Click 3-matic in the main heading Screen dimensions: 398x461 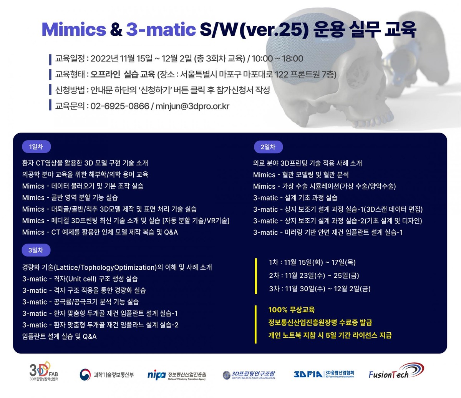pyautogui.click(x=161, y=29)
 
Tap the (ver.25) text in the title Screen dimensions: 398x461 pyautogui.click(x=274, y=30)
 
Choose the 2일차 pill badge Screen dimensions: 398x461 pyautogui.click(x=268, y=147)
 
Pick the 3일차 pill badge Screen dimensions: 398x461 pyautogui.click(x=36, y=250)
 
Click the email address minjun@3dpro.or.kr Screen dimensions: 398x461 pyautogui.click(x=192, y=106)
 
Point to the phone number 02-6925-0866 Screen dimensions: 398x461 pyautogui.click(x=119, y=106)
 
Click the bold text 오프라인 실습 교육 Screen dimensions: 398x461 pyautogui.click(x=123, y=75)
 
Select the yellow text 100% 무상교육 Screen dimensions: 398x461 pyautogui.click(x=291, y=310)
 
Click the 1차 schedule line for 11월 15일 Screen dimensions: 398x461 pyautogui.click(x=312, y=262)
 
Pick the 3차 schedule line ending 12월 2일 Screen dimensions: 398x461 pyautogui.click(x=320, y=289)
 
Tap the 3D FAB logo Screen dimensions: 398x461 pyautogui.click(x=43, y=371)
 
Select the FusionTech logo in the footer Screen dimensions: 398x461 pyautogui.click(x=396, y=372)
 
